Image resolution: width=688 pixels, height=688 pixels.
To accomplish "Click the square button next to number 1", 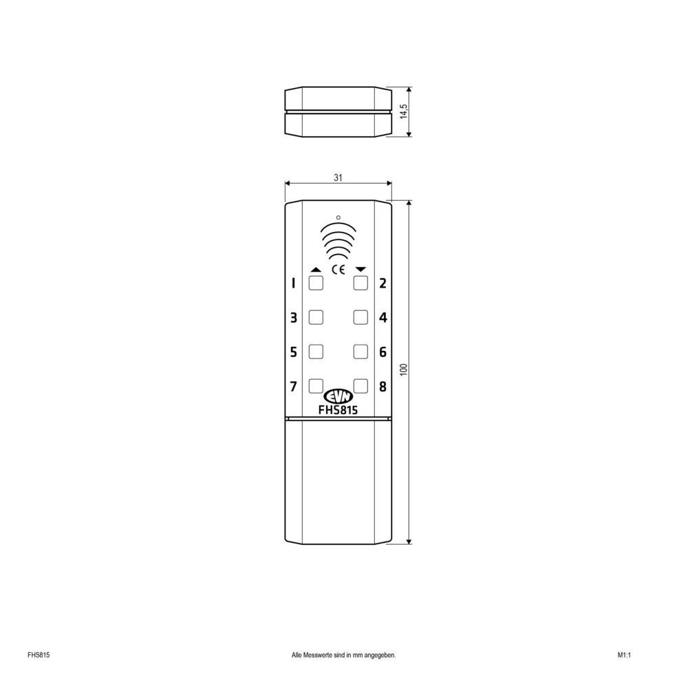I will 316,283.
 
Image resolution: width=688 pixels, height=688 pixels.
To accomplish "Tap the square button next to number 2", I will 361,283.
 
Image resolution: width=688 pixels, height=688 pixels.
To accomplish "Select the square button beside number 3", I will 316,317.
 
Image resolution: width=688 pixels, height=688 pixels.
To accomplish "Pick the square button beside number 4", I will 361,317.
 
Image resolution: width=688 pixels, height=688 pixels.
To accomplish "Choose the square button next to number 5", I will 316,352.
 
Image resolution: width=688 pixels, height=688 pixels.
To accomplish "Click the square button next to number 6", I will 361,352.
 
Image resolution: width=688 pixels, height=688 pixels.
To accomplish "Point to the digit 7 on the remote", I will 293,386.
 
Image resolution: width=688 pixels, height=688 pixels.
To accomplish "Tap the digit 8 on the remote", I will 383,386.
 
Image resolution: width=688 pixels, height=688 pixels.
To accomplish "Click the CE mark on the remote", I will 338,270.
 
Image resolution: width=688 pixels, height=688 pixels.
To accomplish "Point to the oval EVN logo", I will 338,396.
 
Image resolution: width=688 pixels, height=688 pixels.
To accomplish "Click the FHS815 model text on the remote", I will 338,409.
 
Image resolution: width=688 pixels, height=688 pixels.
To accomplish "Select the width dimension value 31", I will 338,178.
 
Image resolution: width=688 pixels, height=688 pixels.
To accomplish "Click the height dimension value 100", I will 405,369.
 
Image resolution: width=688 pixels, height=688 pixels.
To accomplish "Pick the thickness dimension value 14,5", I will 405,111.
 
